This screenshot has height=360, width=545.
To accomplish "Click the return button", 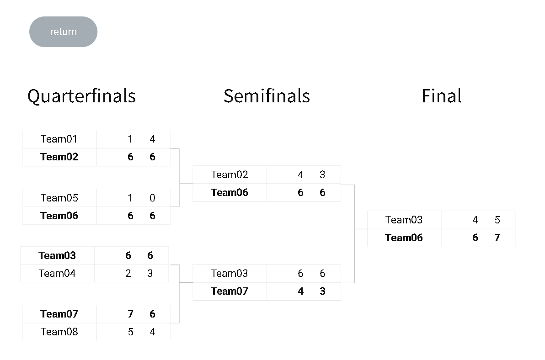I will tap(63, 32).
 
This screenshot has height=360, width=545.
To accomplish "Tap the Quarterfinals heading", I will tap(81, 96).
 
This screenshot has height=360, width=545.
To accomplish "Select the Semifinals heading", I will tap(267, 96).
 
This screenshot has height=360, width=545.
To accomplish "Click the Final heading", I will tap(441, 96).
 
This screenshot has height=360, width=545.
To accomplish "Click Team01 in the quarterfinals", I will tap(59, 139).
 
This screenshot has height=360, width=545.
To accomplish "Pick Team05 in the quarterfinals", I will tap(59, 198).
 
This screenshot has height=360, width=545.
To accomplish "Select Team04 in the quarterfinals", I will tap(57, 273).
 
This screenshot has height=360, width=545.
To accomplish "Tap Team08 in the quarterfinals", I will tap(59, 332).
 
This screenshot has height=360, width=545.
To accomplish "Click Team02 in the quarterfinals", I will tap(59, 157).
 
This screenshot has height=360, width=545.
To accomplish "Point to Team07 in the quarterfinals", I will tap(59, 314).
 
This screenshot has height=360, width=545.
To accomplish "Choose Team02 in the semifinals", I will tap(230, 175).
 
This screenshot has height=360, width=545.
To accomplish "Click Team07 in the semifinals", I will tap(230, 291).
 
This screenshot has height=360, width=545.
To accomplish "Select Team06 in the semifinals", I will tap(230, 192).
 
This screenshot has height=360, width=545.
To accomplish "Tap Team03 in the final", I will tap(404, 220).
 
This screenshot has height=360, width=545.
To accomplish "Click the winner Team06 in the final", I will tap(404, 238).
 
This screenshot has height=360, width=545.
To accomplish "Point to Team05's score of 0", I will tap(152, 198).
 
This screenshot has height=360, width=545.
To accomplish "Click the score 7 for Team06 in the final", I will tap(497, 238).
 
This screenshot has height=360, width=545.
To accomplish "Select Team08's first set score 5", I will tap(130, 332).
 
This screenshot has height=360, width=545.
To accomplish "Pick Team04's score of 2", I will tap(128, 273).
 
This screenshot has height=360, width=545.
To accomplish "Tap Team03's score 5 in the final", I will tap(497, 220).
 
